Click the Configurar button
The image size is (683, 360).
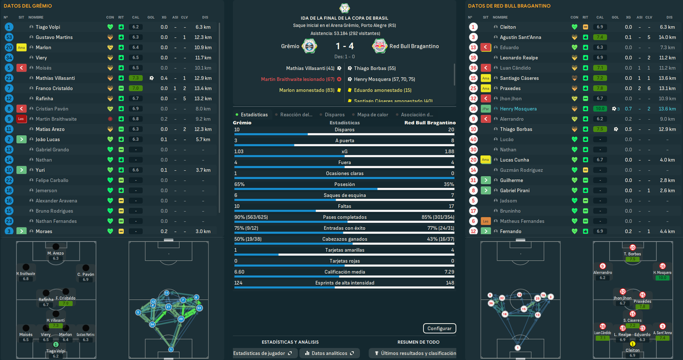[440, 329]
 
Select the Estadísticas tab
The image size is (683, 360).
[254, 115]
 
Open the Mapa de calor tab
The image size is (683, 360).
[373, 115]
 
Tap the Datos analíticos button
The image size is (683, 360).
[329, 353]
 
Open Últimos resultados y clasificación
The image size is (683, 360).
[416, 353]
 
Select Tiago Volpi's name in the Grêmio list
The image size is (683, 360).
[48, 27]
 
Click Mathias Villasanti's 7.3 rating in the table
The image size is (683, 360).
[136, 78]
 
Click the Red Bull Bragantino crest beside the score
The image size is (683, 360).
[379, 46]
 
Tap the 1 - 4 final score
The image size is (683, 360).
[345, 46]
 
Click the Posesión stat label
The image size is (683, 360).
[344, 185]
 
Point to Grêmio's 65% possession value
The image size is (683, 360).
[240, 185]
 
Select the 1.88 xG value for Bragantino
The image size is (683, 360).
[449, 151]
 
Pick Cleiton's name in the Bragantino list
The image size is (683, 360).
[508, 27]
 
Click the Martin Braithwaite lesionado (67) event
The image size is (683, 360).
[297, 79]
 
